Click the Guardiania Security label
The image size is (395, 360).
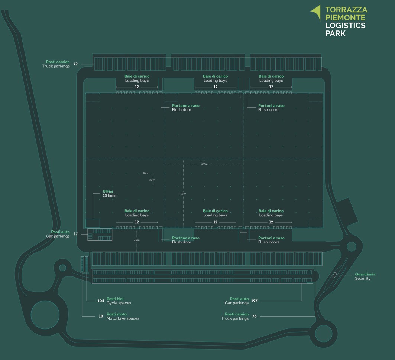click(365, 276)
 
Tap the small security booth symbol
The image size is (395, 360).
click(334, 275)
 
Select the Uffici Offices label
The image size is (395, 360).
click(109, 193)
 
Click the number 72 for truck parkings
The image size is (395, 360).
click(75, 64)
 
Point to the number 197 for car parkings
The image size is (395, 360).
click(254, 301)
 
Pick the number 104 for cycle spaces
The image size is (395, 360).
click(101, 301)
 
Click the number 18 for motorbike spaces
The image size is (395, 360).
click(101, 316)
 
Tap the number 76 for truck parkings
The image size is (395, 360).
click(254, 316)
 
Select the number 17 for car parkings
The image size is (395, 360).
click(75, 234)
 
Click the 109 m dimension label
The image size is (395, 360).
click(204, 164)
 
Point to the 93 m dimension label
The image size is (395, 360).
click(183, 194)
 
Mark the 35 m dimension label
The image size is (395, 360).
click(137, 240)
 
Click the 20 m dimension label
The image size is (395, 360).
click(152, 180)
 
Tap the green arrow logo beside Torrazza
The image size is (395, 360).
click(316, 12)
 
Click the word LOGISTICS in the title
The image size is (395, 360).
click(345, 26)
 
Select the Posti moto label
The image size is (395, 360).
click(116, 314)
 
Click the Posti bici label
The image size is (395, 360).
click(115, 299)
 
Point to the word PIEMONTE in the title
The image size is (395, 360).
click(345, 17)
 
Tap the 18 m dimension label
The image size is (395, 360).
click(145, 173)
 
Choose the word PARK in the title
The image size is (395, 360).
click(335, 34)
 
